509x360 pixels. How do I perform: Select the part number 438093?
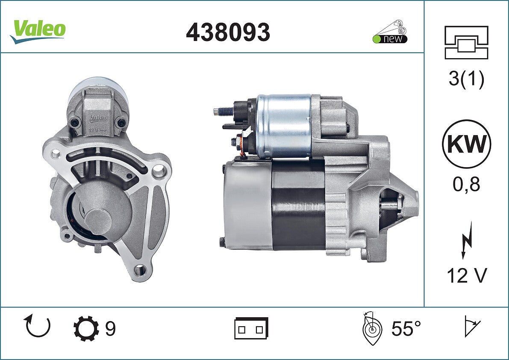tap(228, 32)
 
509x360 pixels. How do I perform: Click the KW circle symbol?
tap(466, 144)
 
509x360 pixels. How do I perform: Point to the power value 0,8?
tap(466, 184)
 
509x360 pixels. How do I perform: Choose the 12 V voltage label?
tap(467, 276)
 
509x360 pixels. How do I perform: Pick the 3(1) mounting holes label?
tap(466, 79)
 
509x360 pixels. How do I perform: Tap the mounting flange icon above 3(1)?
tap(466, 42)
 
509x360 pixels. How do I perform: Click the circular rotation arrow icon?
tap(37, 326)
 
